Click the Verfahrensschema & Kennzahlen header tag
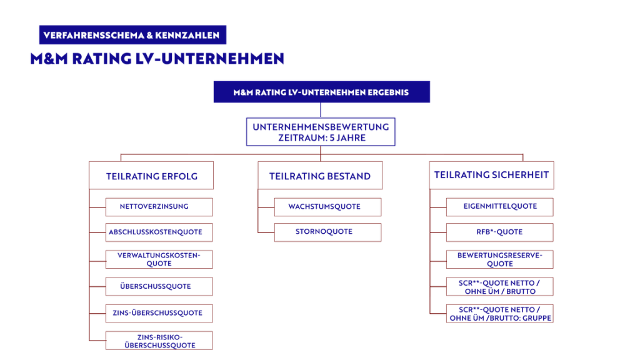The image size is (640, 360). (x=132, y=35)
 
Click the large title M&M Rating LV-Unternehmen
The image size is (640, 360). (x=157, y=59)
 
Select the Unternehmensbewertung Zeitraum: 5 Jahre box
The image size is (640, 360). (x=321, y=132)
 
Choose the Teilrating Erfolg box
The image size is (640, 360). (x=151, y=176)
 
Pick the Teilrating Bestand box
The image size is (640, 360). (x=320, y=176)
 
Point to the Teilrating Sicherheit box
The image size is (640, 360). (x=491, y=175)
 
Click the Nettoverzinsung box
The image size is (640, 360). (x=159, y=206)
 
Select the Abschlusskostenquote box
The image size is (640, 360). (x=159, y=232)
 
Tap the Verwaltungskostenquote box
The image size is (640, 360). (x=159, y=259)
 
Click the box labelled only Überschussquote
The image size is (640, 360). (x=159, y=286)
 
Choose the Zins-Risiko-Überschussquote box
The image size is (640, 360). (x=159, y=339)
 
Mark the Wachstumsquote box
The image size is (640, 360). (x=327, y=206)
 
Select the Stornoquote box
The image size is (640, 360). (x=327, y=232)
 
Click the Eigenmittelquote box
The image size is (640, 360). (x=499, y=206)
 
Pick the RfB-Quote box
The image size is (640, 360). (x=499, y=232)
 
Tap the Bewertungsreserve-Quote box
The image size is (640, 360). (x=499, y=259)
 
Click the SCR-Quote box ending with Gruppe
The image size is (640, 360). (x=499, y=313)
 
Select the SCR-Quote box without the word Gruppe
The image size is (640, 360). (x=499, y=286)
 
